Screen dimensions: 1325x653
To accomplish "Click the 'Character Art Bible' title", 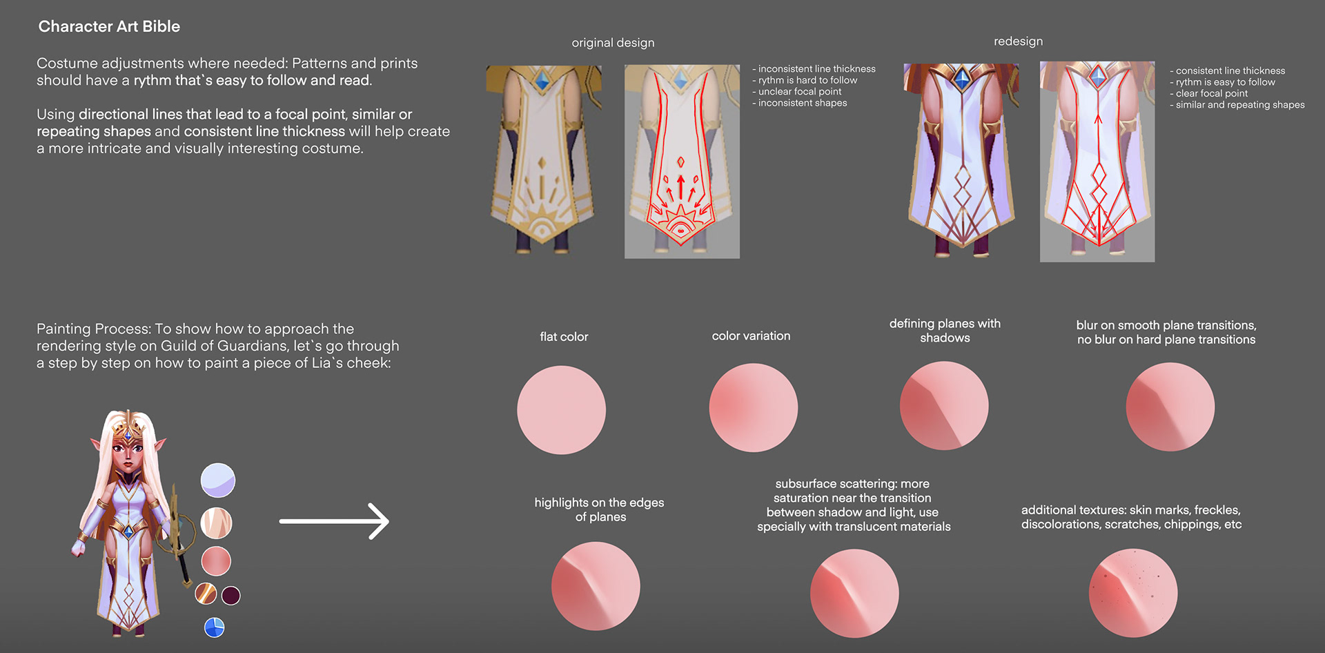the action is tap(109, 26).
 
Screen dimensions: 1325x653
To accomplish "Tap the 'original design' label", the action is tap(613, 43).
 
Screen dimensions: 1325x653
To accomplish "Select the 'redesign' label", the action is tap(1018, 41).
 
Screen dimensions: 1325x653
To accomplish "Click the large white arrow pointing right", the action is tap(334, 521).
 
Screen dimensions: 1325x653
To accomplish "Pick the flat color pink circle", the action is tap(561, 410).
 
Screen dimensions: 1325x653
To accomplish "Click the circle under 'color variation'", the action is tap(754, 408).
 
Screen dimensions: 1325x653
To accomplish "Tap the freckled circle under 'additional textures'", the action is tap(1133, 593).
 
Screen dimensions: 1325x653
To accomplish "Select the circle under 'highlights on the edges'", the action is tap(596, 586).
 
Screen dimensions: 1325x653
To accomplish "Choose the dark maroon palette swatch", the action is tap(231, 595).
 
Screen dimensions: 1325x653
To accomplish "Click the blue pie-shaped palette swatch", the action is tap(215, 627).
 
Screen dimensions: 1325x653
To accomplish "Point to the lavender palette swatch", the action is tap(218, 480).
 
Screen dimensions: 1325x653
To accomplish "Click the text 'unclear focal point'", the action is tap(800, 92).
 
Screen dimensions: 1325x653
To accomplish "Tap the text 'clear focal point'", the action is tap(1212, 93).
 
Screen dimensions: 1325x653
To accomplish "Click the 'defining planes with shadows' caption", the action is tap(945, 331).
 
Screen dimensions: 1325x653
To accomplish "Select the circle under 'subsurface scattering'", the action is tap(854, 594).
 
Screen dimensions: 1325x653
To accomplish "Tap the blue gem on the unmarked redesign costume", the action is tap(961, 78).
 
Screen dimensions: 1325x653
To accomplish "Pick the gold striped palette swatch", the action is tap(206, 594).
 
